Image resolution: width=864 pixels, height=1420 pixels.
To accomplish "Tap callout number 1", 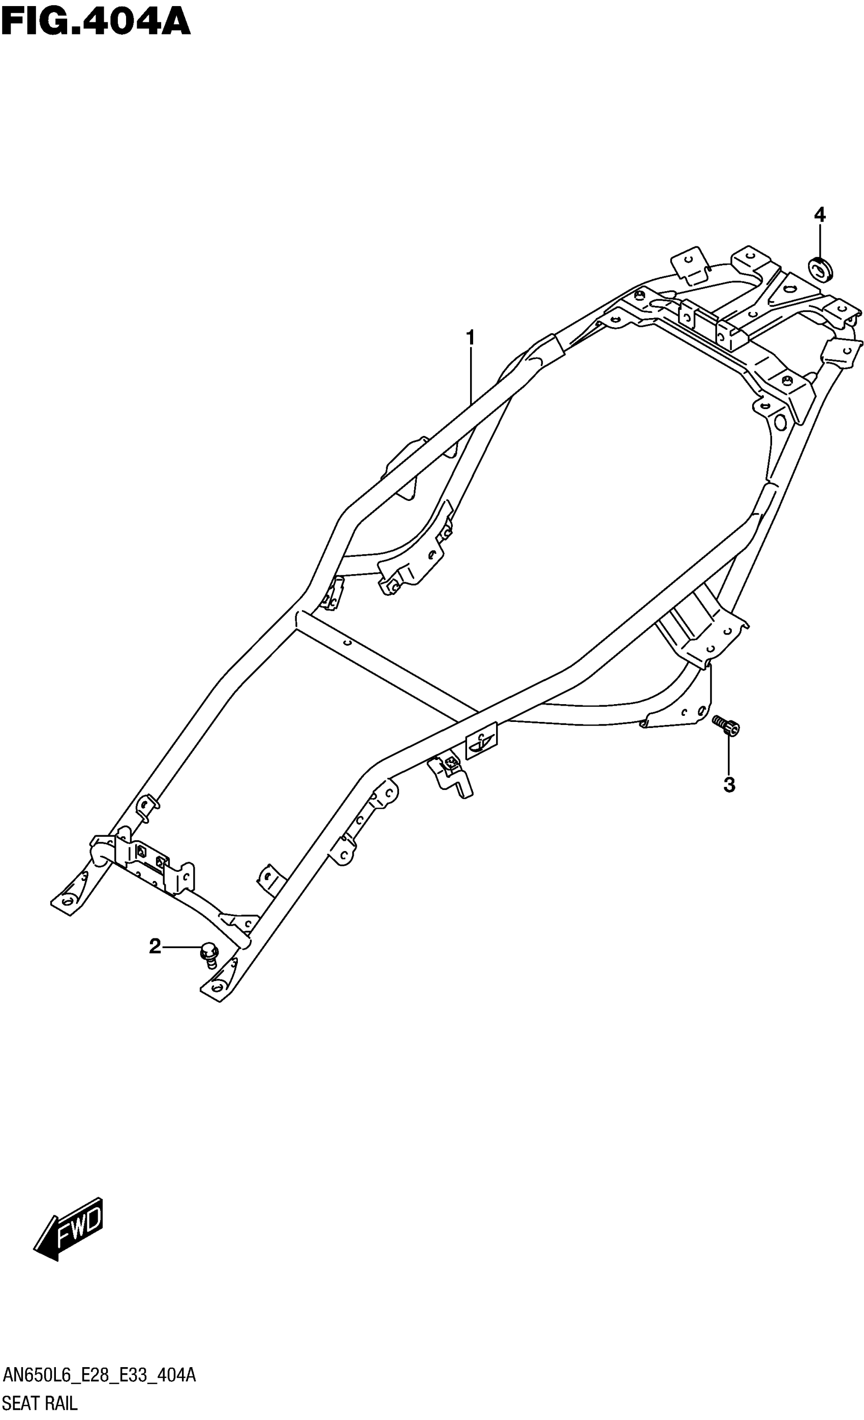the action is tap(470, 338).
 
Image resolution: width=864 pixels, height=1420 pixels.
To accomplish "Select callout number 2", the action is tap(155, 945).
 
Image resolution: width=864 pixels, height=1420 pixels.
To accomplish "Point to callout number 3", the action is tap(729, 784).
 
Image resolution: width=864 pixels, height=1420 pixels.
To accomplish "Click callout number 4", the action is tap(819, 215).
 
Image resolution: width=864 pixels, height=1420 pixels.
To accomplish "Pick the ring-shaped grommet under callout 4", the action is tap(820, 269).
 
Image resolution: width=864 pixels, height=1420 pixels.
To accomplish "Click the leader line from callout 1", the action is tap(470, 374).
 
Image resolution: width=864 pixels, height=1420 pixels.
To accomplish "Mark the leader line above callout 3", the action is tap(728, 755).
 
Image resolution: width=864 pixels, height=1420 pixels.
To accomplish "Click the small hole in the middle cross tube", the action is tap(347, 643).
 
